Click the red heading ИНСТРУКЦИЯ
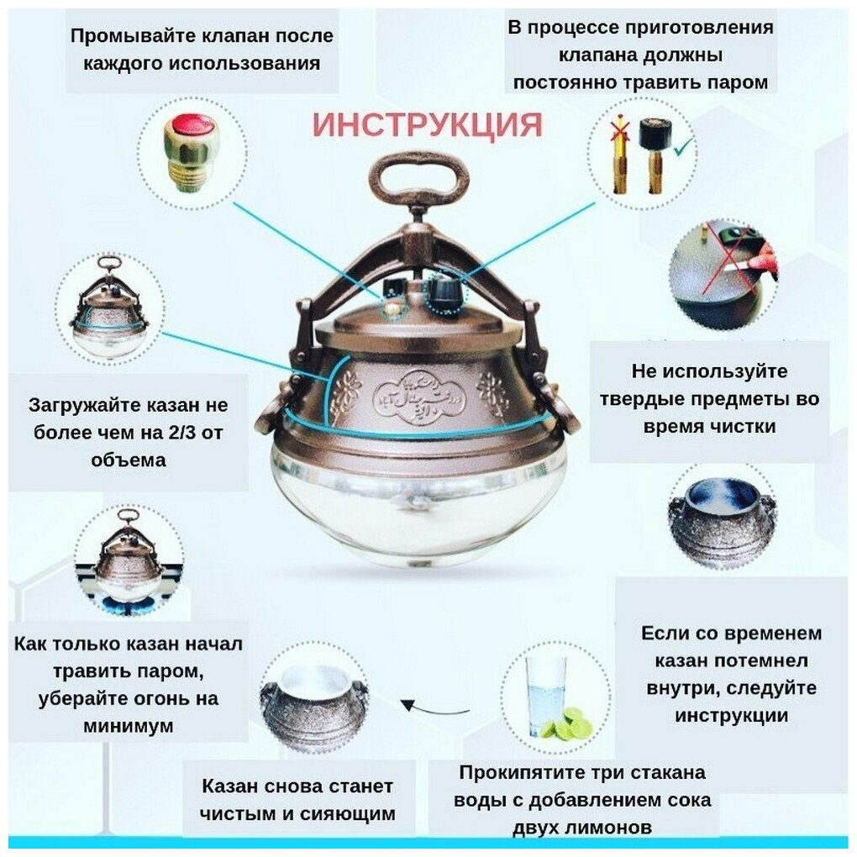pyautogui.click(x=428, y=125)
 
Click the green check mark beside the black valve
pyautogui.click(x=682, y=147)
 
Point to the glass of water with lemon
pyautogui.click(x=546, y=696)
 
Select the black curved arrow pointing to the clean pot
pyautogui.click(x=435, y=707)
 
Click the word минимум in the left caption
pyautogui.click(x=129, y=726)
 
